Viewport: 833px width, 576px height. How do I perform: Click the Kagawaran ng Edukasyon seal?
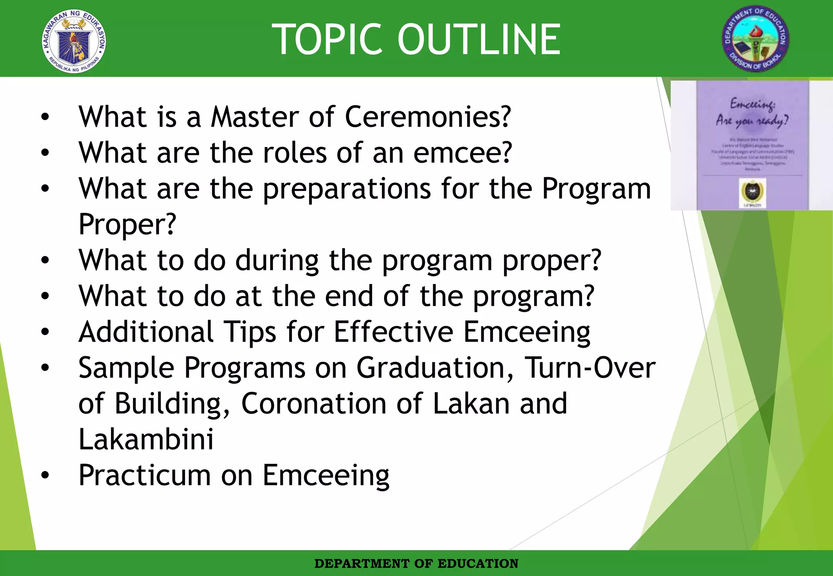[x=74, y=41]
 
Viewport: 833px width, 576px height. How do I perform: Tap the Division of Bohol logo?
[x=755, y=39]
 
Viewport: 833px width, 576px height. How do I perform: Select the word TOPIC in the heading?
[x=327, y=39]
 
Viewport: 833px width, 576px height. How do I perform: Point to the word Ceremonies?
[x=427, y=117]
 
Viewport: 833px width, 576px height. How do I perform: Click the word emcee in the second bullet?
[x=462, y=153]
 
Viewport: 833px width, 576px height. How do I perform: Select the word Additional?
[x=146, y=332]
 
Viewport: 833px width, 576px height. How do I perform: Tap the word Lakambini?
[x=146, y=440]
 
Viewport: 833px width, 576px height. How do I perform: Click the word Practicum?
[x=145, y=475]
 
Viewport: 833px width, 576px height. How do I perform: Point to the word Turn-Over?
[x=590, y=368]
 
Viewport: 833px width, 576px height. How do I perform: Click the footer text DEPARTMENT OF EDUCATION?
[x=416, y=564]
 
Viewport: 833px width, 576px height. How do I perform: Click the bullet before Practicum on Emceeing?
[x=45, y=475]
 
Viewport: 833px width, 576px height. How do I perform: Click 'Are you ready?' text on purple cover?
[x=752, y=121]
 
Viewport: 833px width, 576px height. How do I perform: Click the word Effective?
[x=393, y=332]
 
